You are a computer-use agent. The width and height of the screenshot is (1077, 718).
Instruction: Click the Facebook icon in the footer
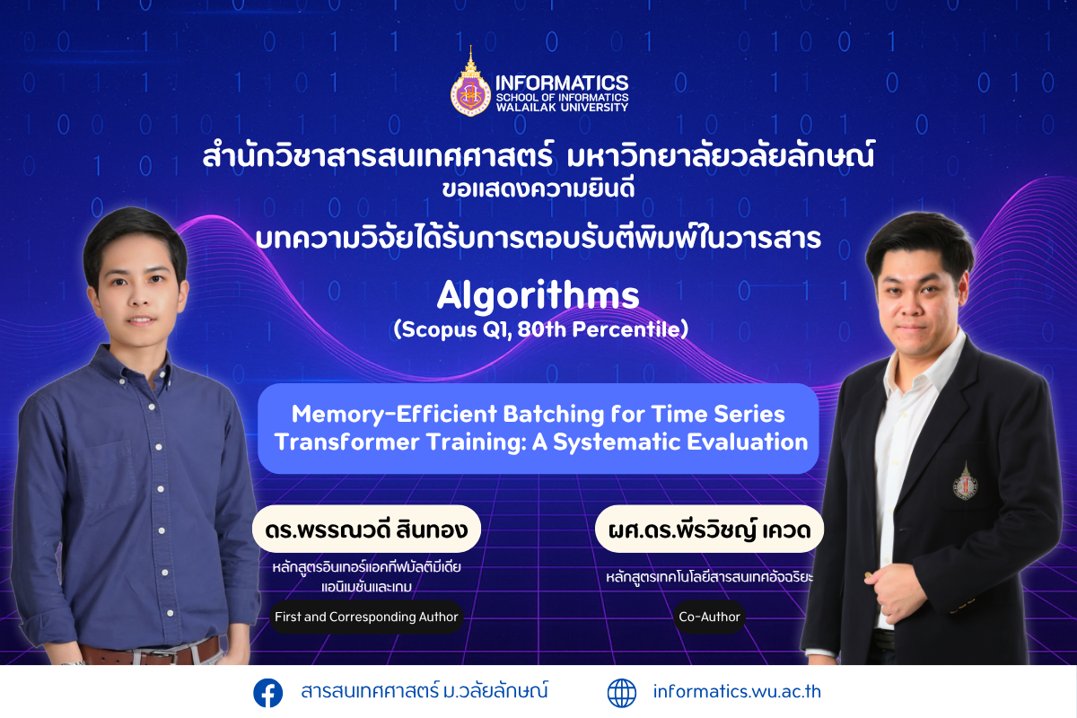coord(267,693)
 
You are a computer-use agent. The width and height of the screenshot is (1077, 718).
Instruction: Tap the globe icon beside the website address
coord(622,693)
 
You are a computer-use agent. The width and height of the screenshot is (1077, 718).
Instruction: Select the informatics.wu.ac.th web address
coord(737,692)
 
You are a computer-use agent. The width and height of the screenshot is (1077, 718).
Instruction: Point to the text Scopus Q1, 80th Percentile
coord(541,330)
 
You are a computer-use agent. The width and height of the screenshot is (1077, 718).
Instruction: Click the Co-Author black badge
coord(709,617)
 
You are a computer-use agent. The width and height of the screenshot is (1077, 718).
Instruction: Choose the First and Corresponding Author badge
coord(366,617)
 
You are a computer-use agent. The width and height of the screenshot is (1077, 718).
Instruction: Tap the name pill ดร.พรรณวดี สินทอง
coord(366,529)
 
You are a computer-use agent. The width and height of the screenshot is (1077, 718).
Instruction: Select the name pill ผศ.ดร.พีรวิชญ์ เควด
coord(709,529)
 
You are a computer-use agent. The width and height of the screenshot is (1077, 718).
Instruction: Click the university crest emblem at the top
coord(470,84)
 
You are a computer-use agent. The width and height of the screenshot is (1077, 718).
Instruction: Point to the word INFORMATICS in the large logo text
coord(562,83)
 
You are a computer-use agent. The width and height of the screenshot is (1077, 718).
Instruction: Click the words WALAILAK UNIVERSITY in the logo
coord(562,107)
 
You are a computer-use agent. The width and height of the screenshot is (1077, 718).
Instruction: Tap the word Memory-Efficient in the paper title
coord(394,414)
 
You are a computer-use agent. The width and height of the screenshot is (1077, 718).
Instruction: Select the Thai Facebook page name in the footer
coord(425,691)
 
